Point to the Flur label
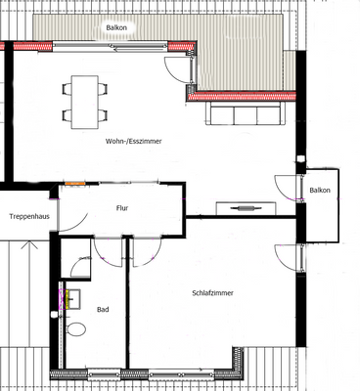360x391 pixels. pyautogui.click(x=122, y=207)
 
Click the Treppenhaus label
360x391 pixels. pyautogui.click(x=29, y=216)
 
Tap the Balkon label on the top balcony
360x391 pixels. pyautogui.click(x=116, y=28)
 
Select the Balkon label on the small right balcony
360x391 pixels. pyautogui.click(x=319, y=190)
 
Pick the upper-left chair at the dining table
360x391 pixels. pyautogui.click(x=67, y=89)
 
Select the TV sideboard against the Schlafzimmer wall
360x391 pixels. pyautogui.click(x=241, y=207)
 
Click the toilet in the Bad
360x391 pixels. pyautogui.click(x=76, y=328)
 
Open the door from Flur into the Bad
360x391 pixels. pyautogui.click(x=108, y=252)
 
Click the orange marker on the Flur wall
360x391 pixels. pyautogui.click(x=74, y=183)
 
